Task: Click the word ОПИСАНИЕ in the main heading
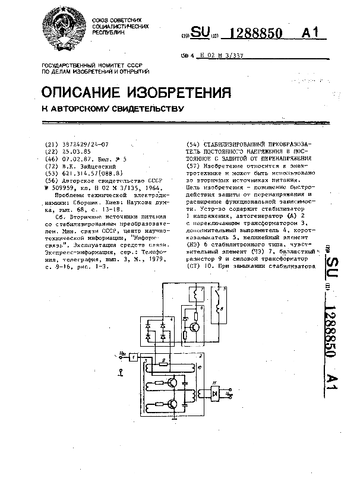(x=81, y=93)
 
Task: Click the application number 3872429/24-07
(x=82, y=144)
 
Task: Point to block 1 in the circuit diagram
(x=134, y=356)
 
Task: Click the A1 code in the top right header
(x=314, y=33)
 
